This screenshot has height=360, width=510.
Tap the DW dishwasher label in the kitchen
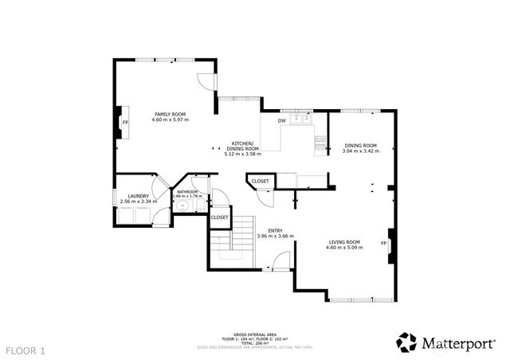pos(281,121)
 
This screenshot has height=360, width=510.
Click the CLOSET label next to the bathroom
pos(220,217)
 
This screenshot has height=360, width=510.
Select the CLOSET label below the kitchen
pos(261,182)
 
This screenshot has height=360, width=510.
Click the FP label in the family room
pos(125,123)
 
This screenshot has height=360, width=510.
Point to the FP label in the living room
pos(383,243)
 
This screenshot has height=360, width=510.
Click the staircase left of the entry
pos(231,243)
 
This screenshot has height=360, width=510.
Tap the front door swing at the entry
pos(280,260)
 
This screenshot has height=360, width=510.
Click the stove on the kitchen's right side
pos(321,143)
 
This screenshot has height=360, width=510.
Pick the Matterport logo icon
pos(406,342)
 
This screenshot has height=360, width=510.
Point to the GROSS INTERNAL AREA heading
pos(254,335)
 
